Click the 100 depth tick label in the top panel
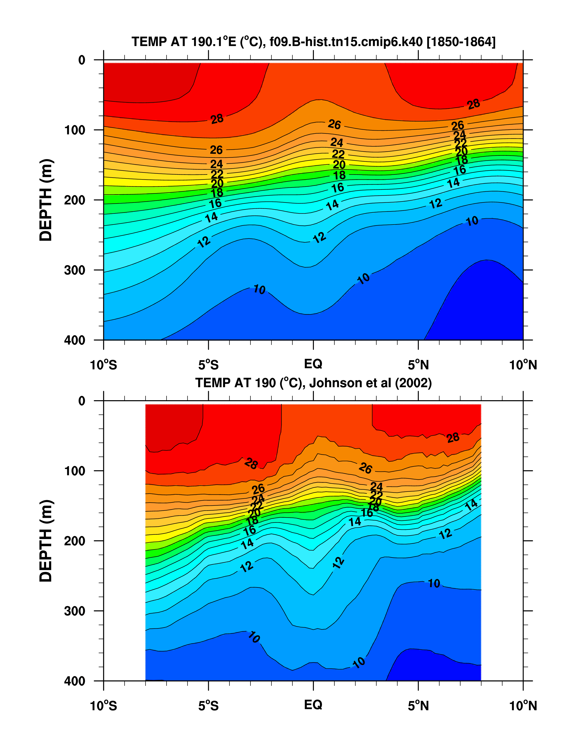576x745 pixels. [x=75, y=130]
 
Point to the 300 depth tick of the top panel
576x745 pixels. [x=75, y=270]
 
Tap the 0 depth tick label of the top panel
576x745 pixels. [x=82, y=60]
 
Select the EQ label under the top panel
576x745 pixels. [x=313, y=364]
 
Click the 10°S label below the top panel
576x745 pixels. [x=103, y=365]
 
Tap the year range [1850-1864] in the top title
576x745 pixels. [x=461, y=42]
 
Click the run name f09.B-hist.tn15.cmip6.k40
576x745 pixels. [x=346, y=42]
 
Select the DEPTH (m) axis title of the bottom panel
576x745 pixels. [x=46, y=541]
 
